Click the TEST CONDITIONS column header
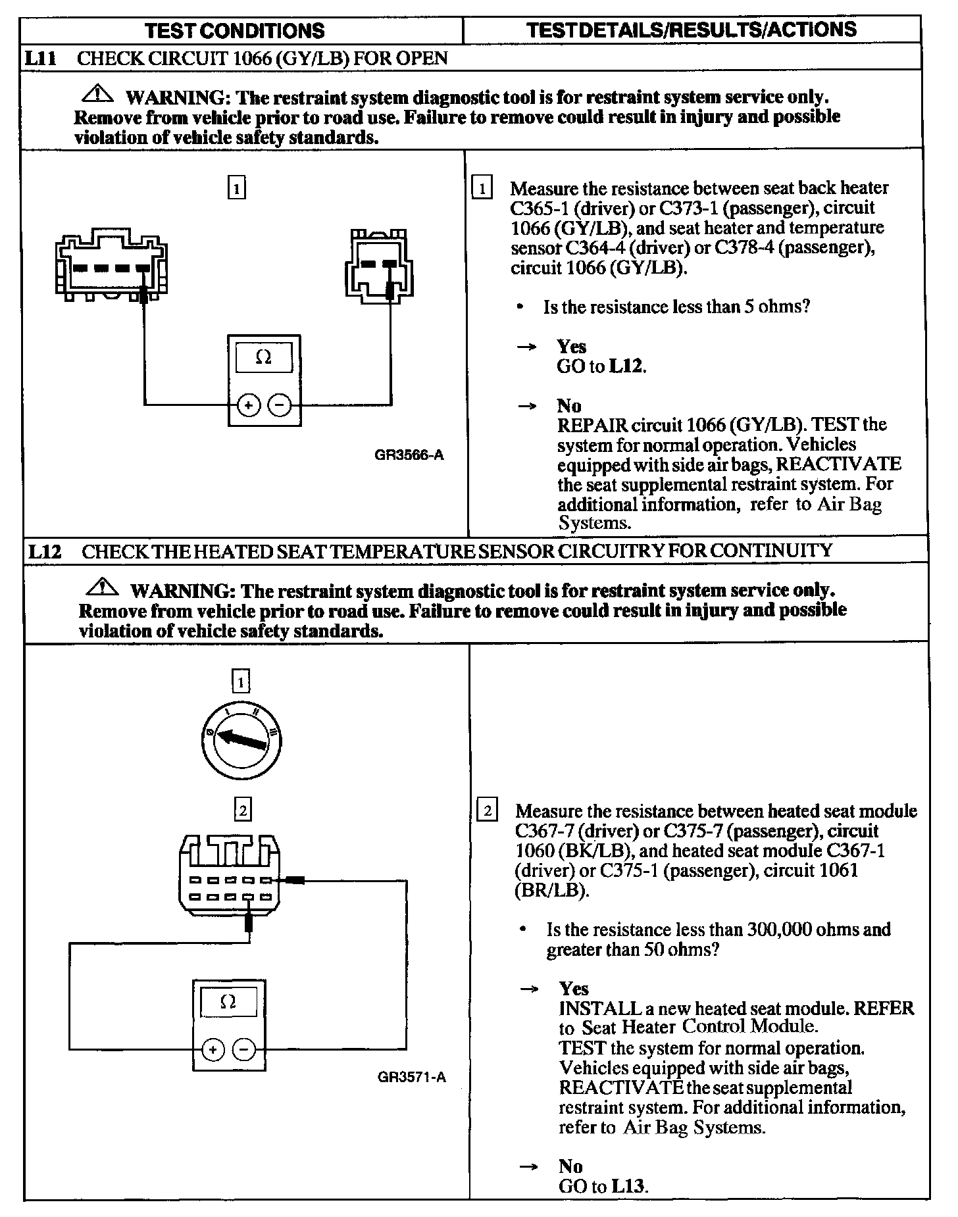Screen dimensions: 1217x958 (x=234, y=30)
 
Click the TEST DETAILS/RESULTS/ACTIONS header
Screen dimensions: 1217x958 (x=692, y=30)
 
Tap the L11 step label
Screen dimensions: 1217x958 (x=39, y=58)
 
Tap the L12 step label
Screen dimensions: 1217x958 (x=44, y=551)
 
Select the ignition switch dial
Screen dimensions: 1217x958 (x=241, y=739)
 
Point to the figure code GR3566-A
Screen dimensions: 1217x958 (x=409, y=455)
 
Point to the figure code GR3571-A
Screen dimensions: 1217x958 (x=411, y=1077)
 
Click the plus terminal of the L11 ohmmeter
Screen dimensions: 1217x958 (x=248, y=405)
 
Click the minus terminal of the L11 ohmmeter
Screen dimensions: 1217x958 (x=280, y=405)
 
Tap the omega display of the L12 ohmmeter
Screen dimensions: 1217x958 (x=228, y=1002)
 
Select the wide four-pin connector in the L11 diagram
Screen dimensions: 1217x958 (x=111, y=265)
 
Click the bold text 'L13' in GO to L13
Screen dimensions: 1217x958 (x=629, y=1186)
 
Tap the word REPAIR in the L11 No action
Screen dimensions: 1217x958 (x=589, y=425)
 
